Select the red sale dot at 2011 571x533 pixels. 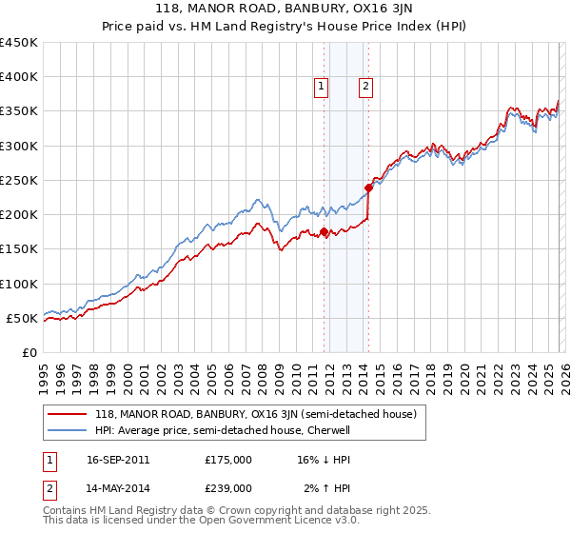point(325,231)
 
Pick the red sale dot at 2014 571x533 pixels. point(368,188)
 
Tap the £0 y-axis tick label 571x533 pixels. point(30,352)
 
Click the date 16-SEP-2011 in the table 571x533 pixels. point(118,459)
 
